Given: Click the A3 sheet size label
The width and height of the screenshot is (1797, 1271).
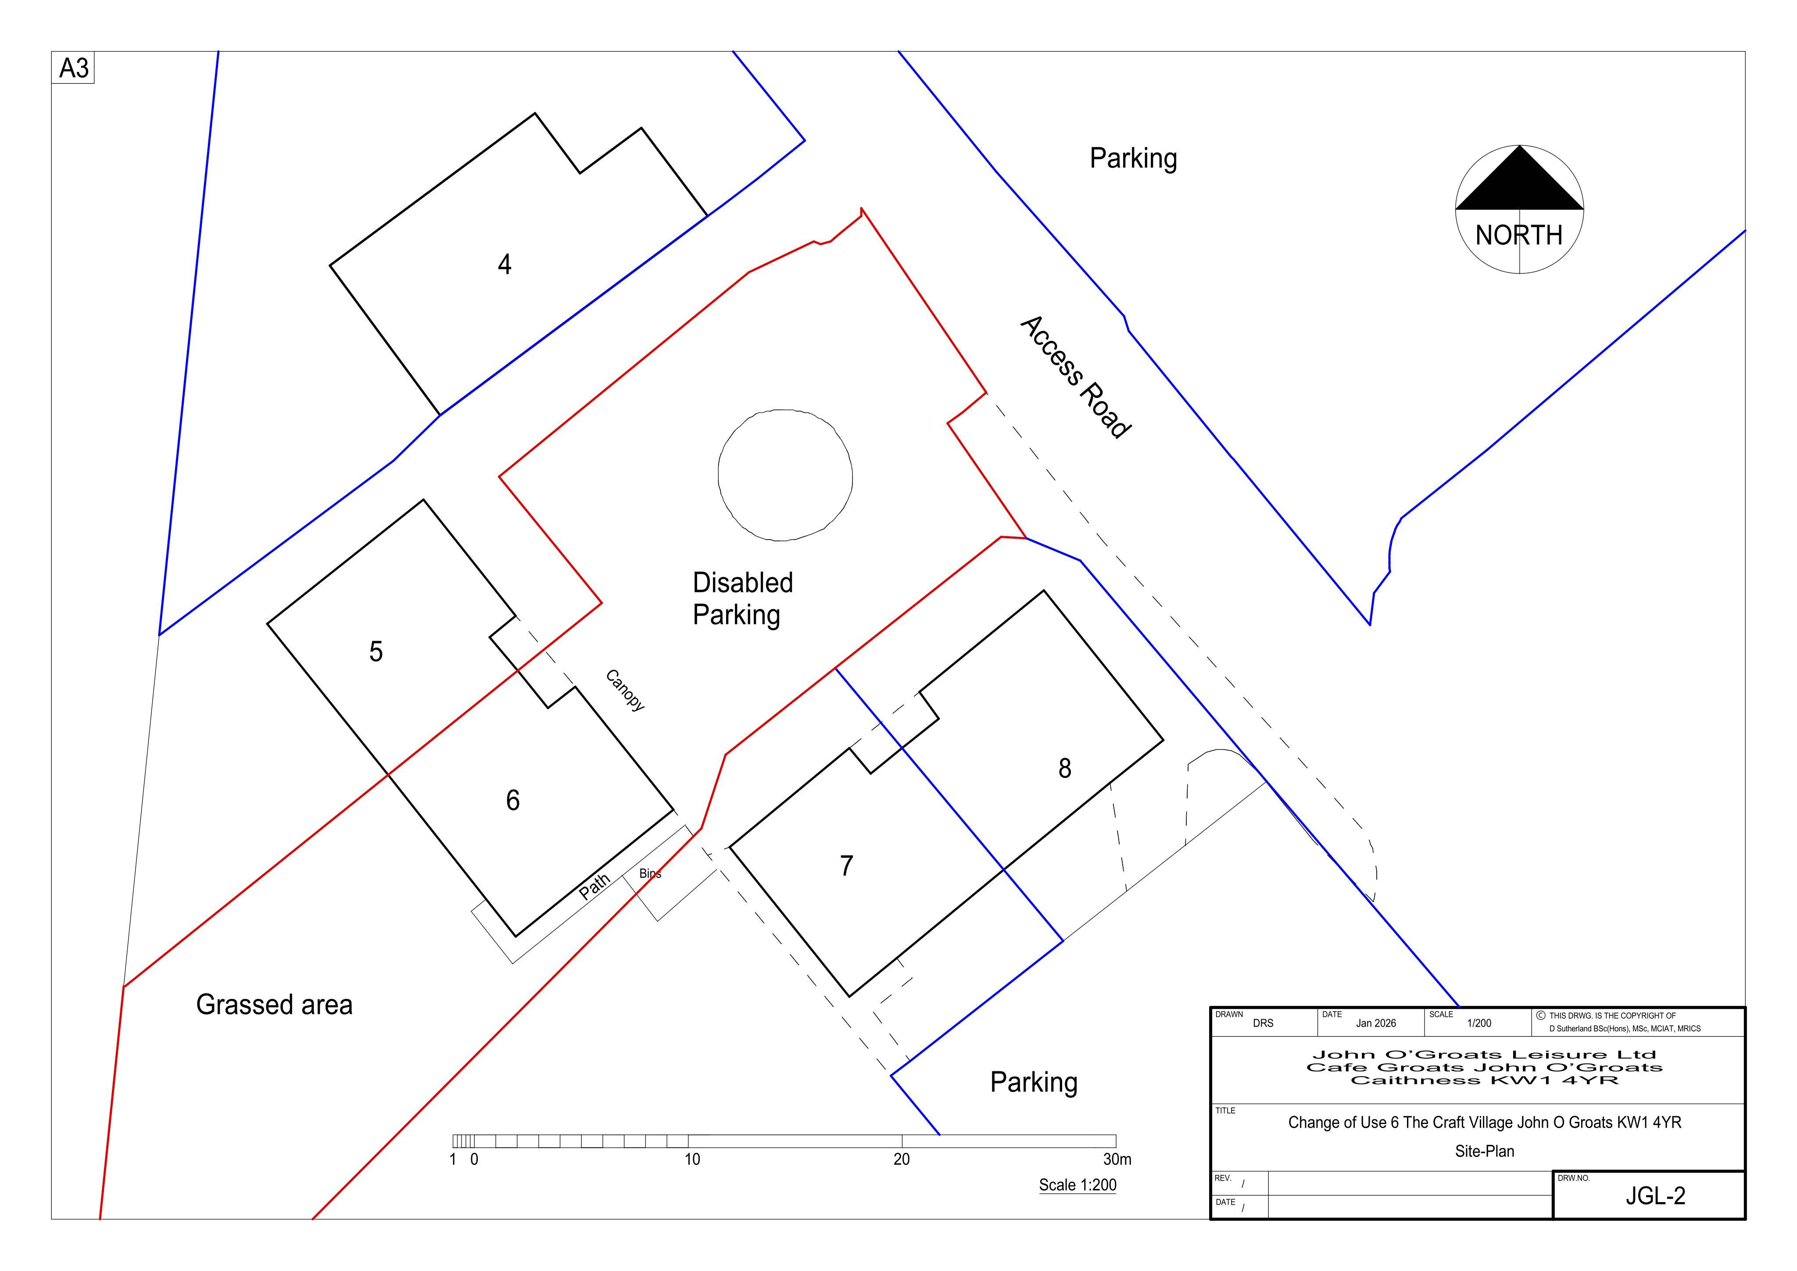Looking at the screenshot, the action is (74, 69).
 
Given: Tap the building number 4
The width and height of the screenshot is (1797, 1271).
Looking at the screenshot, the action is (505, 265).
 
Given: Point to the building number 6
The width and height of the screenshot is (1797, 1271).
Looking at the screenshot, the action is (513, 800).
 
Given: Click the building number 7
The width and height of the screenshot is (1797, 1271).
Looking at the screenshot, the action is (846, 866).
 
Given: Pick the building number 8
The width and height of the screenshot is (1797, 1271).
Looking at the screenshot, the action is (1064, 769).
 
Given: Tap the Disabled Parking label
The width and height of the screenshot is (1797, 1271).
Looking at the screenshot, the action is (743, 599).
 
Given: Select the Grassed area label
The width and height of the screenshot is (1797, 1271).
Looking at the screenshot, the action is (274, 1005).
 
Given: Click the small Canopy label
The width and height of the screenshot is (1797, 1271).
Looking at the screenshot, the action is (625, 690).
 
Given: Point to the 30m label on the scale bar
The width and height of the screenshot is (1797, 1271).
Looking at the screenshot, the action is (1117, 1159).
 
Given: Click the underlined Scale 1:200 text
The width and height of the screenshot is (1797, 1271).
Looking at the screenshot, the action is (1078, 1185).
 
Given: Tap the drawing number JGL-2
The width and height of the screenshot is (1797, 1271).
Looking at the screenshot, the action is (1655, 1196).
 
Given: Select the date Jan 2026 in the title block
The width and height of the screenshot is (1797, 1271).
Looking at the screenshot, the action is (1376, 1023).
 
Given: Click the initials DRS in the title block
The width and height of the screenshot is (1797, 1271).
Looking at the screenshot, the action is (1263, 1023).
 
